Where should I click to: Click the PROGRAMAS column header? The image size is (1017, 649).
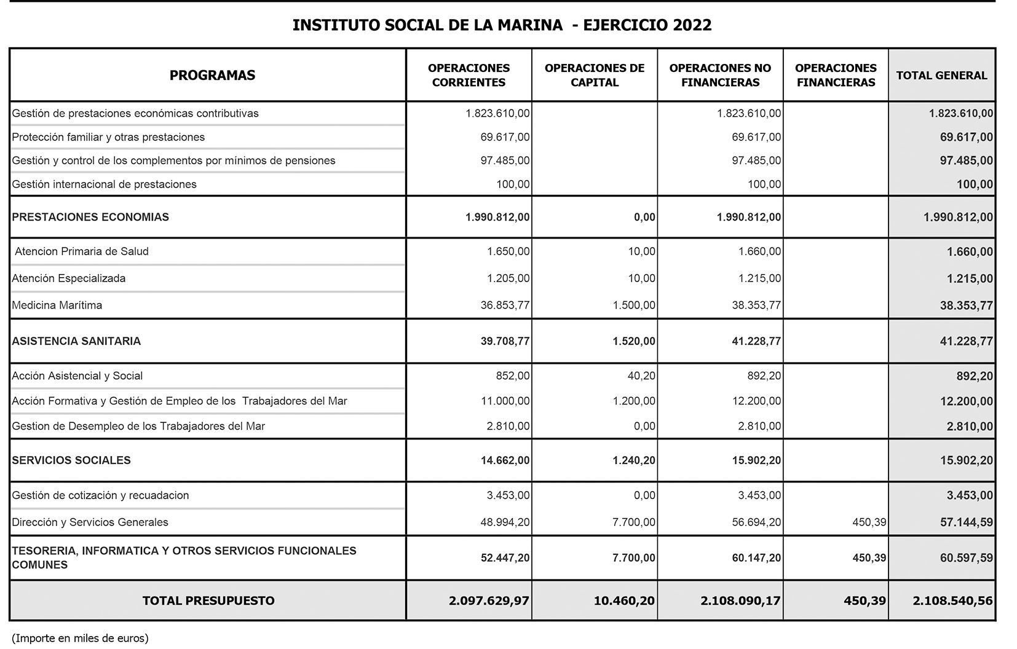pos(212,76)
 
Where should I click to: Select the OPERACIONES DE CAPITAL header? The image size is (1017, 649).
pos(594,76)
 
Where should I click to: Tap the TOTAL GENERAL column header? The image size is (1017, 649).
pos(941,76)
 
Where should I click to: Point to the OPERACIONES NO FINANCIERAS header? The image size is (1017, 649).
pos(720,76)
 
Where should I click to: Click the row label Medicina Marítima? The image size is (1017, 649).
pos(57,305)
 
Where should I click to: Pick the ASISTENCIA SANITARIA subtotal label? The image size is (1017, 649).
pos(76,341)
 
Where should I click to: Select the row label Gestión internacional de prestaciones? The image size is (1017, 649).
pos(105,184)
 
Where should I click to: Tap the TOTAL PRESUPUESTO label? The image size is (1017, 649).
pos(208,601)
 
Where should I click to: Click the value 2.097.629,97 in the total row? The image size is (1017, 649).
pos(489,601)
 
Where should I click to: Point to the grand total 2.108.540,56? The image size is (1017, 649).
pos(952,601)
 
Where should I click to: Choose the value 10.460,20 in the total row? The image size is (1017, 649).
pos(624,601)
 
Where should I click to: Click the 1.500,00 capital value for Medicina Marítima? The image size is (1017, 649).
pos(634,305)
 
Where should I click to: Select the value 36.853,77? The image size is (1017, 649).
pos(505,305)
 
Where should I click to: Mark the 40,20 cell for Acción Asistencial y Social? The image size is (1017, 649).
pos(641,376)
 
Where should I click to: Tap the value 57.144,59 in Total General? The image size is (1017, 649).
pos(966,522)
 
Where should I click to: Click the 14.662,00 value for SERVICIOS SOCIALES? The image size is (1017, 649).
pos(505,460)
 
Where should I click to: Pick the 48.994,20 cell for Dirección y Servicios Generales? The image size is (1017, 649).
pos(505,522)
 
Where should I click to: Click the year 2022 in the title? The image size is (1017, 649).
pos(692,25)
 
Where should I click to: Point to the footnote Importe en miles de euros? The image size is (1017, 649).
pos(80,639)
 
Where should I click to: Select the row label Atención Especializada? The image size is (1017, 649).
pos(69,278)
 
